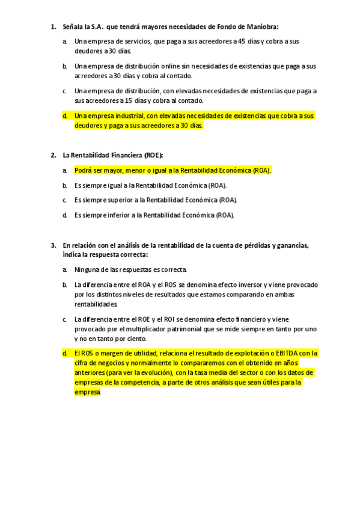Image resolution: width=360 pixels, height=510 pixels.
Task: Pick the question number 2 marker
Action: (x=53, y=155)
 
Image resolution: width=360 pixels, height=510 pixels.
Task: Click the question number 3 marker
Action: (x=53, y=245)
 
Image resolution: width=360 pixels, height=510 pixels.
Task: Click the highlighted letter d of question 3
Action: (x=64, y=353)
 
